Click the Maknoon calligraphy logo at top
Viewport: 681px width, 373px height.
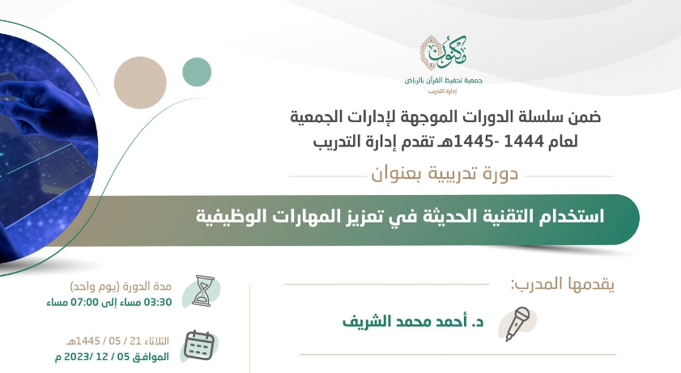pos(443,53)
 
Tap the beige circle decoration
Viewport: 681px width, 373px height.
pos(140,83)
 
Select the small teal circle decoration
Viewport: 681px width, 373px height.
pos(197,72)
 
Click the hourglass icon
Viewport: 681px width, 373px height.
pos(203,291)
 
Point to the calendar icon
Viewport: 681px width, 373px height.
pos(199,345)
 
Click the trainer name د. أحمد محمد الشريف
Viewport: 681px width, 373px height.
pos(413,322)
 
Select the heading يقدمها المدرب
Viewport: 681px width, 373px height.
pos(562,284)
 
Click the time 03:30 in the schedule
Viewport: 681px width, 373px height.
pos(158,303)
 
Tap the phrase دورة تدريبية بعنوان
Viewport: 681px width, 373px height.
pos(445,174)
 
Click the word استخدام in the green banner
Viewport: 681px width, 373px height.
pos(572,215)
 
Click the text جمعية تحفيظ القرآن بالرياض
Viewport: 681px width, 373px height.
pos(444,81)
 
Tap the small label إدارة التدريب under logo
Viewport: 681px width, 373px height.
pos(443,91)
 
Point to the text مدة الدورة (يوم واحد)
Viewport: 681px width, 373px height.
pos(121,286)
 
